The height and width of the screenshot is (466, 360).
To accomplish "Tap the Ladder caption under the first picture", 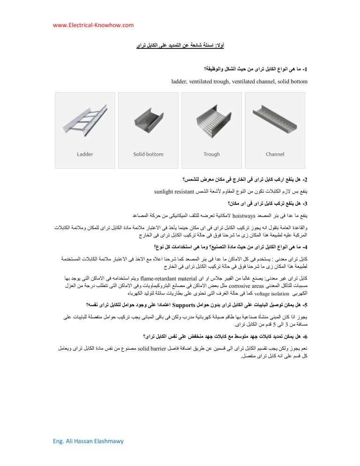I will pos(85,154).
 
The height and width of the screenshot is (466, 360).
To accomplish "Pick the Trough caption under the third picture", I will pos(212,154).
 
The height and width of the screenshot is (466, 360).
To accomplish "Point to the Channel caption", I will pos(275,154).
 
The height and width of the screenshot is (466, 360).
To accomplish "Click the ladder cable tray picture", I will pos(85,120).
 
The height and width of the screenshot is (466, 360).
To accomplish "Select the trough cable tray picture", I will pos(212,120).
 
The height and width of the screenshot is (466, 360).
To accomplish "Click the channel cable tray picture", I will pos(275,120).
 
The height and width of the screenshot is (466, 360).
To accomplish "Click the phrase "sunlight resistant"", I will pos(174,192).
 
